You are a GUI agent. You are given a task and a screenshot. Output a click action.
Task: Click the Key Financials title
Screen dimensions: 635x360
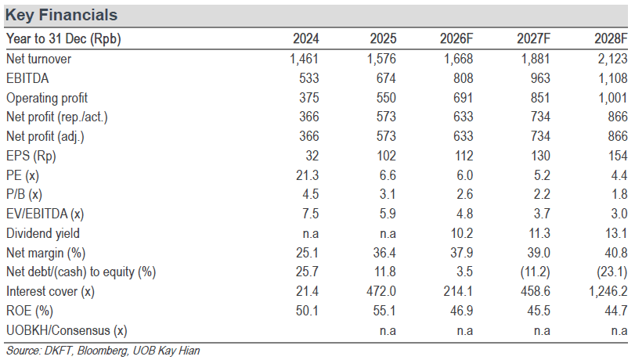[x=61, y=15]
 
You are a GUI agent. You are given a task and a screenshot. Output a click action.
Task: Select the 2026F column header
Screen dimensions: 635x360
[x=456, y=38]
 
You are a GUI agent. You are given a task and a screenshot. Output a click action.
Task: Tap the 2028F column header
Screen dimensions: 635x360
[x=611, y=38]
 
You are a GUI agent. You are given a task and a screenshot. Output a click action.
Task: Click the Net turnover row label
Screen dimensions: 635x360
[x=39, y=59]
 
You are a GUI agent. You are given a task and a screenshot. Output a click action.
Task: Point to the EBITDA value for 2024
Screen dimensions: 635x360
[x=309, y=78]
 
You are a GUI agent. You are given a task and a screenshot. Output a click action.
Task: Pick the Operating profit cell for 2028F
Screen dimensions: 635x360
[x=613, y=98]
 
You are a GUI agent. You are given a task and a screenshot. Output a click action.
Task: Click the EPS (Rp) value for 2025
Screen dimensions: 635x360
[x=386, y=156]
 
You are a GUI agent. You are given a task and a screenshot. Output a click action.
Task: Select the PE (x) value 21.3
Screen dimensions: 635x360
[x=308, y=175]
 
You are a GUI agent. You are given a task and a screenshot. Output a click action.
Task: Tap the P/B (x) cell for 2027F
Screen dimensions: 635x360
[x=542, y=194]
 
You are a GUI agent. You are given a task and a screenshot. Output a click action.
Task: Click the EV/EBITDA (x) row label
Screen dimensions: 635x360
[x=45, y=214]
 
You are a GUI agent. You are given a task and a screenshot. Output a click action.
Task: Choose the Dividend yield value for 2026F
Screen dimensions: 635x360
[x=462, y=233]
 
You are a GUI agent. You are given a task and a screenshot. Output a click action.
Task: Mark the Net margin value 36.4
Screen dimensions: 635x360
[x=384, y=253]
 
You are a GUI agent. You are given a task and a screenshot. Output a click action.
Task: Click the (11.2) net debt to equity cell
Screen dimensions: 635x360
[x=535, y=272]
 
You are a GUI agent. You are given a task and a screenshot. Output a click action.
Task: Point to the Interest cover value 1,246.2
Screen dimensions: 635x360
[x=608, y=292]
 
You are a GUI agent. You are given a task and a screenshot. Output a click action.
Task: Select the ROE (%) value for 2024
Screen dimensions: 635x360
[x=307, y=311]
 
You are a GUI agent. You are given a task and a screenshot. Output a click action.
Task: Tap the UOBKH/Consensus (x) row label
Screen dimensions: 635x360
[x=67, y=330]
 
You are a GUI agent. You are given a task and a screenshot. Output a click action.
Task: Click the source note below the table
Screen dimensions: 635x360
[x=103, y=351]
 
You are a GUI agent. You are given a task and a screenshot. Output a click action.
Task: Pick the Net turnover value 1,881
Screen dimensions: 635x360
[x=536, y=59]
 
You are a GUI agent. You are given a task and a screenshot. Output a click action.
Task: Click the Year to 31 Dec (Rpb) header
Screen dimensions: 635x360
[x=63, y=39]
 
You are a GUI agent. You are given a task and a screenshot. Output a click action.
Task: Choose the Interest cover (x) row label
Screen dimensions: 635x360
[x=50, y=292]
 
